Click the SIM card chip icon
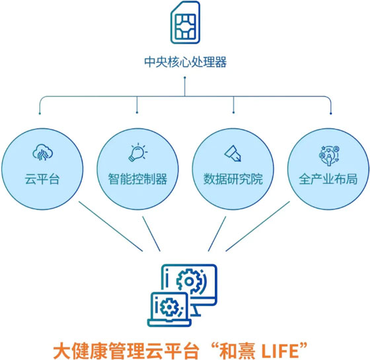(185, 22)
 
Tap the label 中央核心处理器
(185, 62)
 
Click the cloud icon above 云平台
(42, 152)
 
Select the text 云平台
(42, 179)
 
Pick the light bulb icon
(138, 152)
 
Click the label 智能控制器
(137, 179)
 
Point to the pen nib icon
(233, 153)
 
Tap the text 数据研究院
(233, 179)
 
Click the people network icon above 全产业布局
(329, 155)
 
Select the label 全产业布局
(328, 179)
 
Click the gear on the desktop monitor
(189, 281)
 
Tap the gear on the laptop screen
(170, 307)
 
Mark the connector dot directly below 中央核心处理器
(185, 77)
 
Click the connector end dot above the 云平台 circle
(40, 114)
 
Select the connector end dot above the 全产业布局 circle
(331, 114)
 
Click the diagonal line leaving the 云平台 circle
(111, 226)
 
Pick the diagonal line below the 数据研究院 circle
(217, 234)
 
